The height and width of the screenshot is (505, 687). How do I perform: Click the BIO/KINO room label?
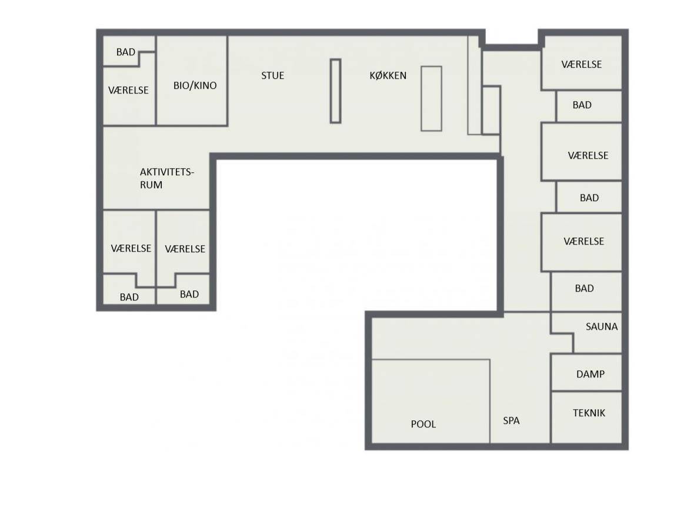(195, 85)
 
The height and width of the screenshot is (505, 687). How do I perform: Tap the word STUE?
(272, 75)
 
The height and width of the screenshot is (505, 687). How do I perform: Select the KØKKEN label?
(388, 75)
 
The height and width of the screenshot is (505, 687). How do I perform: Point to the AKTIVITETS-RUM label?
(166, 178)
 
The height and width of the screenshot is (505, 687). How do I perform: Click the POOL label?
(423, 424)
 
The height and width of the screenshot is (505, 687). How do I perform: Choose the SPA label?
(511, 420)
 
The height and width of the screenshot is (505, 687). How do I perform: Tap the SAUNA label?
(602, 326)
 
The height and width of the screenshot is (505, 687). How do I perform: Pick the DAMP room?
(586, 373)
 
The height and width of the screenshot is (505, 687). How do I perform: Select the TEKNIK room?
(586, 417)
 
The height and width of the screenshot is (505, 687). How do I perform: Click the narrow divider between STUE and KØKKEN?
(336, 91)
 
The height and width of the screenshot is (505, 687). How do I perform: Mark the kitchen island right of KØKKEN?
(431, 99)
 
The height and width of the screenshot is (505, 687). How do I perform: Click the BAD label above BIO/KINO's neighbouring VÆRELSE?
(126, 52)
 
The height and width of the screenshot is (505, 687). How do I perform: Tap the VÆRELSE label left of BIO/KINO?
(128, 90)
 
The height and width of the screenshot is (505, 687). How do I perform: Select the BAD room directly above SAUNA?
(586, 292)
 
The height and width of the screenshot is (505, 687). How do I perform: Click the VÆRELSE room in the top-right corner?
(582, 63)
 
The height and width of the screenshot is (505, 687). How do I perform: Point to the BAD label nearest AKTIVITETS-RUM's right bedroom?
(189, 295)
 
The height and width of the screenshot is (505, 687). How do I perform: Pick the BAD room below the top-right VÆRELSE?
(589, 106)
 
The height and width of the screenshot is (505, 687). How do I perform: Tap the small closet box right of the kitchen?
(491, 110)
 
